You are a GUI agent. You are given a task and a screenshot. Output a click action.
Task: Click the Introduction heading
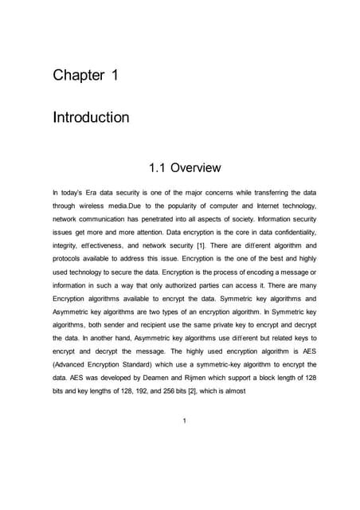pos(91,118)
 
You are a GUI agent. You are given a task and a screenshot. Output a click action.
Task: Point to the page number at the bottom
pos(184,422)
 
